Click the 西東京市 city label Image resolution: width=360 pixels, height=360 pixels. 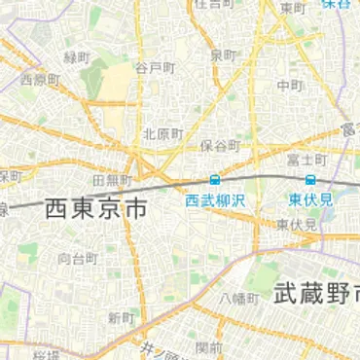click(96, 207)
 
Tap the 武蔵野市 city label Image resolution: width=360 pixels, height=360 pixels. click(317, 292)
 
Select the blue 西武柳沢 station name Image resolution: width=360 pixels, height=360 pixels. click(215, 199)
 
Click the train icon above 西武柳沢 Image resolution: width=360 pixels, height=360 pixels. click(214, 180)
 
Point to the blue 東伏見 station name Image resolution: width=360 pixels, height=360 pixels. click(310, 199)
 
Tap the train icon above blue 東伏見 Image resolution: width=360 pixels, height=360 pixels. click(310, 180)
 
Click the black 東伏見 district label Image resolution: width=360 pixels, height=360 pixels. click(297, 225)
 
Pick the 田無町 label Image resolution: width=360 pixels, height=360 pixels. click(111, 181)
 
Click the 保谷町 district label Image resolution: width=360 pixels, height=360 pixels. click(220, 145)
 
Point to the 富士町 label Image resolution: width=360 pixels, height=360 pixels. click(306, 159)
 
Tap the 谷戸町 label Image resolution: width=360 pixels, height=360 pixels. click(155, 67)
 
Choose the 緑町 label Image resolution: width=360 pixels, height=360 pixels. click(77, 56)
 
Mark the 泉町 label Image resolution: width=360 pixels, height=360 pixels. click(224, 54)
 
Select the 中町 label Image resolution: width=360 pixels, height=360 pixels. click(289, 85)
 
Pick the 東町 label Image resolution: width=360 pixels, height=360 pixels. click(291, 8)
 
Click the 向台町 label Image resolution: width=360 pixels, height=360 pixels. click(77, 259)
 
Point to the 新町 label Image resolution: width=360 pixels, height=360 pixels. click(121, 318)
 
